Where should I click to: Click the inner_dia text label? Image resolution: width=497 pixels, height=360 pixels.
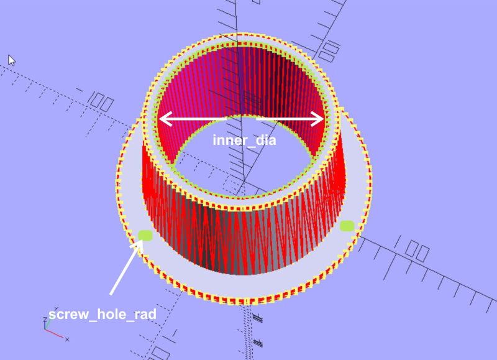point(244,140)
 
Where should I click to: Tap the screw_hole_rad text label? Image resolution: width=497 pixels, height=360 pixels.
point(103,315)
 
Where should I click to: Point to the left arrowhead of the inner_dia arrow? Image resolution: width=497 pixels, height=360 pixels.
point(165,119)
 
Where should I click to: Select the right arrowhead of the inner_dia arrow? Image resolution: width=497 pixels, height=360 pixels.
point(317,119)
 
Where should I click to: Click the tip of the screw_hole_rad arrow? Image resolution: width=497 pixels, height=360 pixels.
point(142,241)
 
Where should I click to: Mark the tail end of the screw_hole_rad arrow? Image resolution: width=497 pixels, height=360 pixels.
point(111,294)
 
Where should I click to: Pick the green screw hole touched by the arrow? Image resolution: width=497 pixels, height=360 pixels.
point(145,236)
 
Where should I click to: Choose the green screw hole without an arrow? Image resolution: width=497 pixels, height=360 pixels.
point(347,226)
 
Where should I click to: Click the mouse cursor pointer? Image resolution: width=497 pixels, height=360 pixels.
point(11,60)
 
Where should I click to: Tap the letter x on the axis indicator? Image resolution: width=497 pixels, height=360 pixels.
point(67,339)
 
